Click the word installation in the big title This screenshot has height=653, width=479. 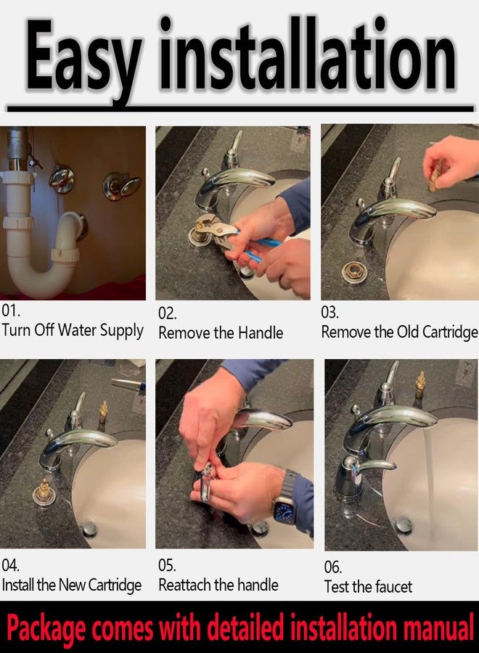click(308, 53)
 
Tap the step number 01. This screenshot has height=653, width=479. click(11, 311)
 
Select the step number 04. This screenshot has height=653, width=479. click(11, 565)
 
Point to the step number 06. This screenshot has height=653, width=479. click(333, 567)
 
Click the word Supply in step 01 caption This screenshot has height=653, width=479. click(122, 331)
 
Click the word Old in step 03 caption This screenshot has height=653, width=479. click(408, 332)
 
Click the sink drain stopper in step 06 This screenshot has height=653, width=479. click(404, 524)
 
